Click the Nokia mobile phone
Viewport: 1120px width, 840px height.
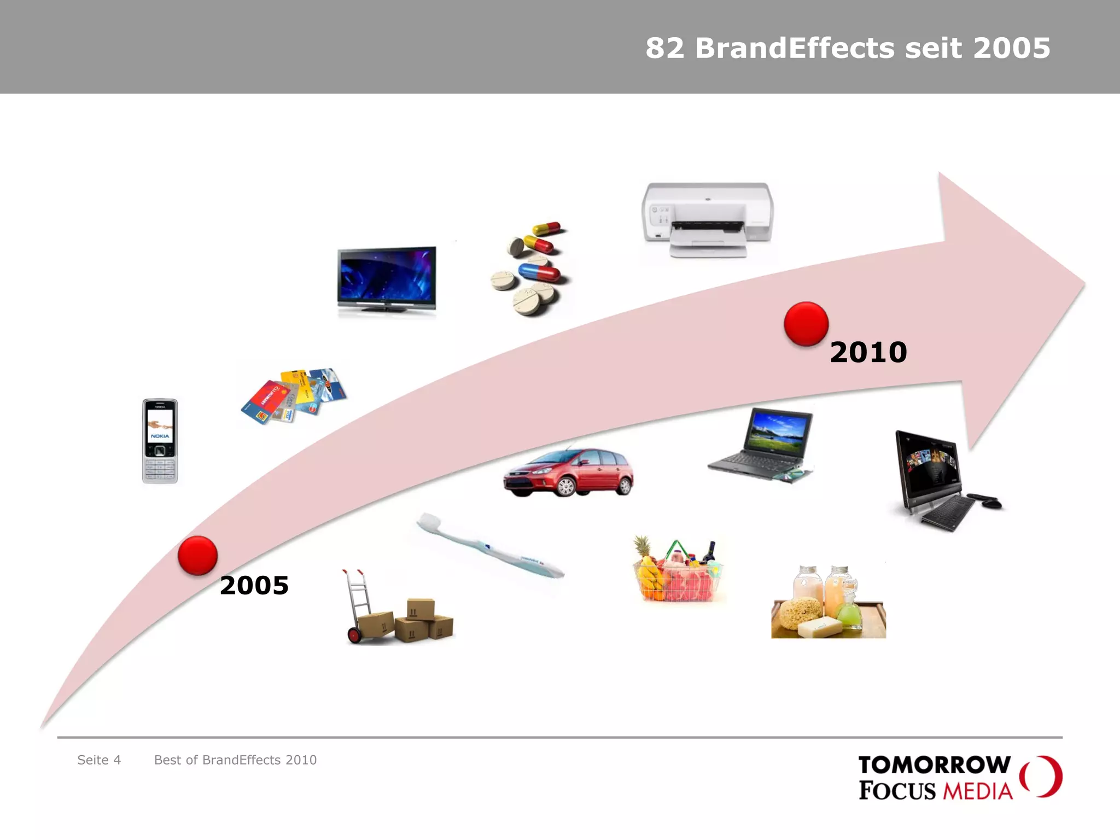(x=160, y=441)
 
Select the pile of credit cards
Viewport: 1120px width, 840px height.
(x=294, y=396)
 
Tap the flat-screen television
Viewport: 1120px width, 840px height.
(x=387, y=279)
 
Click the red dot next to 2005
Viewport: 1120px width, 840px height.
(x=197, y=556)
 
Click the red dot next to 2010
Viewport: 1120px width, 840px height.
(x=806, y=324)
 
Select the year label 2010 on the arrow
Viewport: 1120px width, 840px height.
(x=868, y=352)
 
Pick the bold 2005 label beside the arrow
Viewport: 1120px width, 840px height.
(x=254, y=586)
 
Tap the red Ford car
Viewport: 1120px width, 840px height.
(x=569, y=472)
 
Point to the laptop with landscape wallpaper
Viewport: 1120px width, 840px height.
(x=762, y=444)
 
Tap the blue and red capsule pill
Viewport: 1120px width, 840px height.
(x=539, y=272)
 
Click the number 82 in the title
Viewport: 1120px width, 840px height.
(x=664, y=48)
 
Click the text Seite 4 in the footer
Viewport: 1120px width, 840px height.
(x=99, y=760)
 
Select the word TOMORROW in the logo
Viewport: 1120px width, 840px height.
(x=935, y=765)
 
